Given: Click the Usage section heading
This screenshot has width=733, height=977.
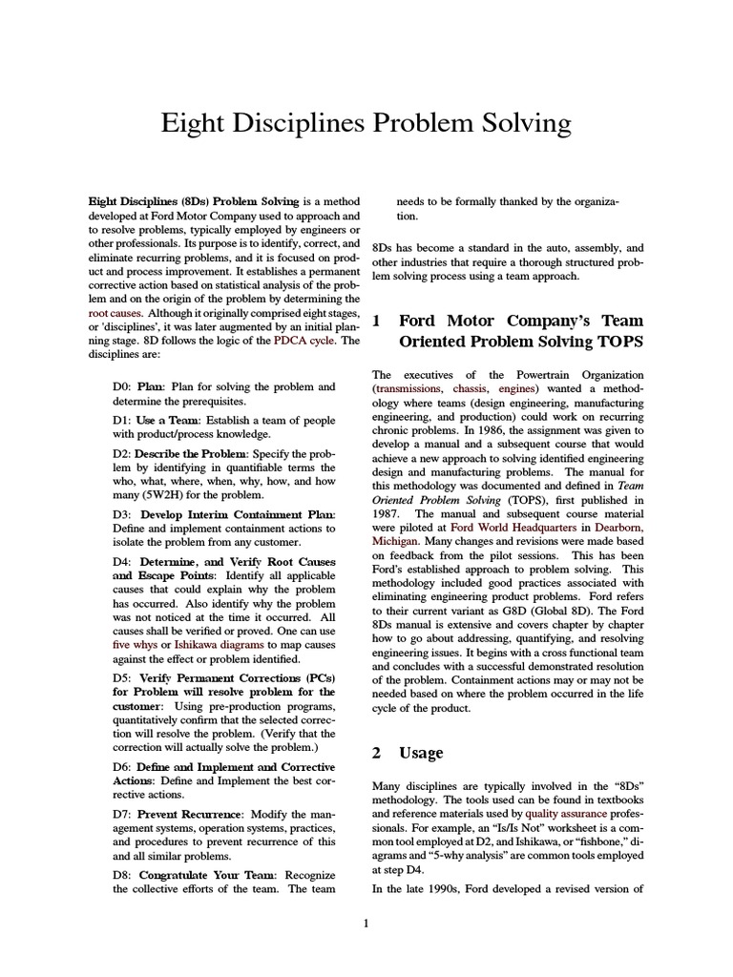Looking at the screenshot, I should (x=420, y=753).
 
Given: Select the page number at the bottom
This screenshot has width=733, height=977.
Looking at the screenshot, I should (x=366, y=924).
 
